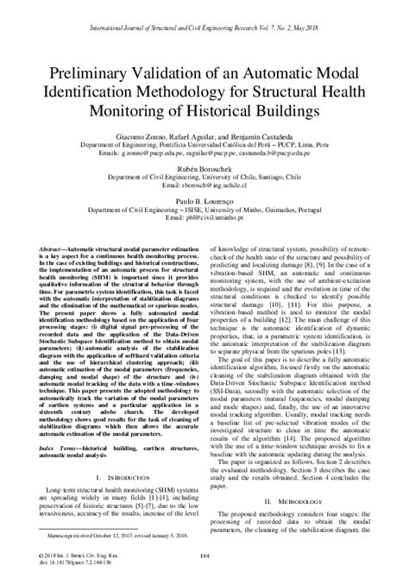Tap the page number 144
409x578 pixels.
tap(204, 563)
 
